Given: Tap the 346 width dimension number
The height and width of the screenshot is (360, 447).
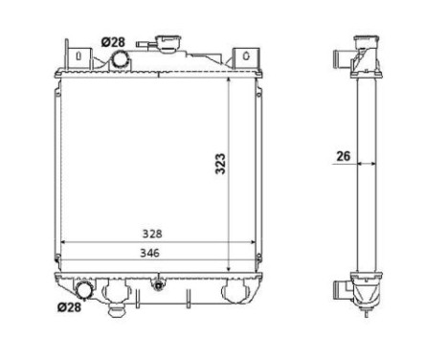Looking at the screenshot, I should pos(148,253).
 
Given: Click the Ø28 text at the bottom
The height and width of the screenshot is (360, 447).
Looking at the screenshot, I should pos(69,307).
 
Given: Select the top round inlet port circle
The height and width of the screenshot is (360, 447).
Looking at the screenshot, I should pos(122,59).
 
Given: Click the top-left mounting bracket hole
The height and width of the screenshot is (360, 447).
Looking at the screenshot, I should pos(68,56).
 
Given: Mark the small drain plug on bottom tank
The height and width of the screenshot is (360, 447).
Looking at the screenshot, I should pos(156,283).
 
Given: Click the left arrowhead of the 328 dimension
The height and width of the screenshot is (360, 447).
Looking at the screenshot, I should pos(64,241).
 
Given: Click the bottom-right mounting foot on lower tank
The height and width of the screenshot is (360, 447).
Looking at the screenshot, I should pos(232,294).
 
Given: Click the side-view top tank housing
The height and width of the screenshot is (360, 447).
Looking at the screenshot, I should pos(368,57).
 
